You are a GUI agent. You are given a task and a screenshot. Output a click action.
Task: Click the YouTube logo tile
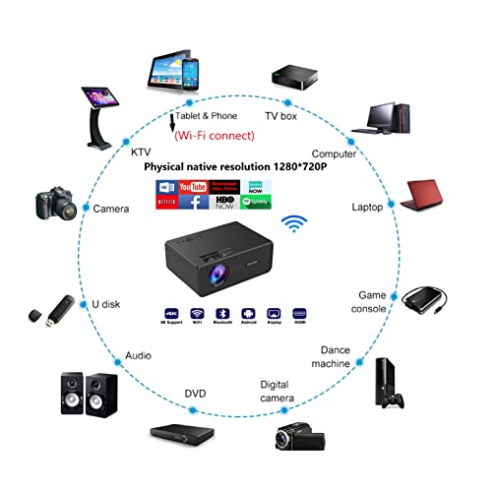[193, 186]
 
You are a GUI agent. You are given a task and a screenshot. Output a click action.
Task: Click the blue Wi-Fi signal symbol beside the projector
[294, 222]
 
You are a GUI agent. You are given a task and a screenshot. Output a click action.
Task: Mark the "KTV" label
[140, 154]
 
